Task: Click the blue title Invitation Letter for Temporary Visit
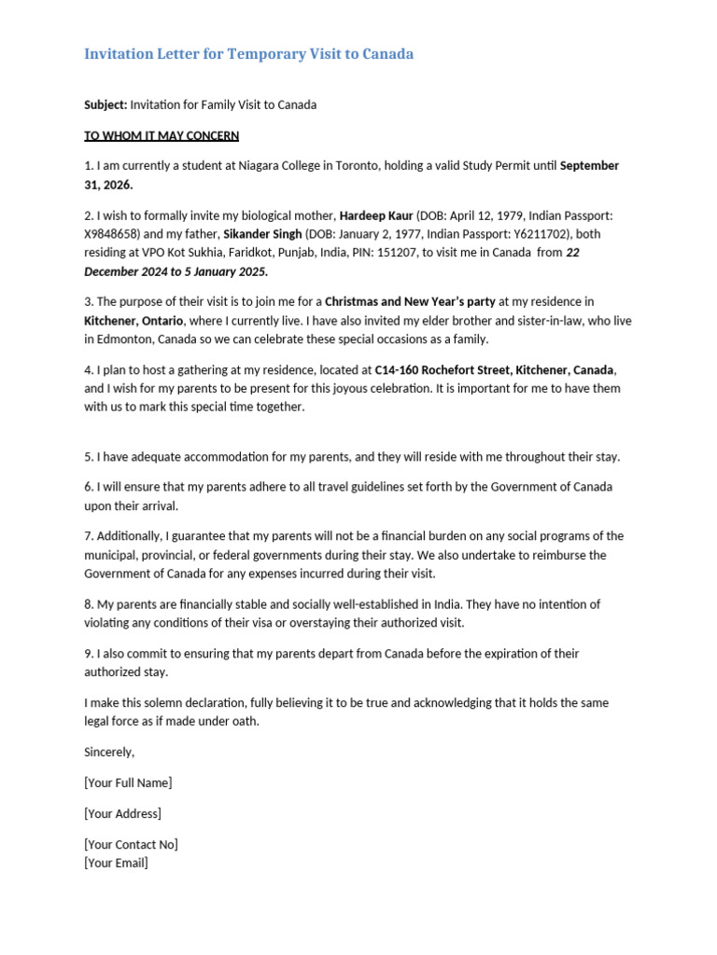click(x=248, y=54)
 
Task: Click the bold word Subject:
click(x=105, y=104)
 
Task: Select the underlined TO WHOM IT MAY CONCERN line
click(x=162, y=135)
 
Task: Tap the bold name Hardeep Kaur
click(x=375, y=215)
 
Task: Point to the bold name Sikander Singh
click(x=262, y=234)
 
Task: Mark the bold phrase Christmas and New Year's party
click(x=409, y=301)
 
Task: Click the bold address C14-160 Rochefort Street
click(x=442, y=369)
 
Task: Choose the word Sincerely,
click(x=109, y=752)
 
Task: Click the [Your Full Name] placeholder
click(x=128, y=782)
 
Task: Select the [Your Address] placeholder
click(x=122, y=813)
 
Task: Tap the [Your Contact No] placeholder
click(x=131, y=844)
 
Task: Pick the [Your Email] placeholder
click(x=116, y=863)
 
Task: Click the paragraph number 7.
click(x=88, y=536)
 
